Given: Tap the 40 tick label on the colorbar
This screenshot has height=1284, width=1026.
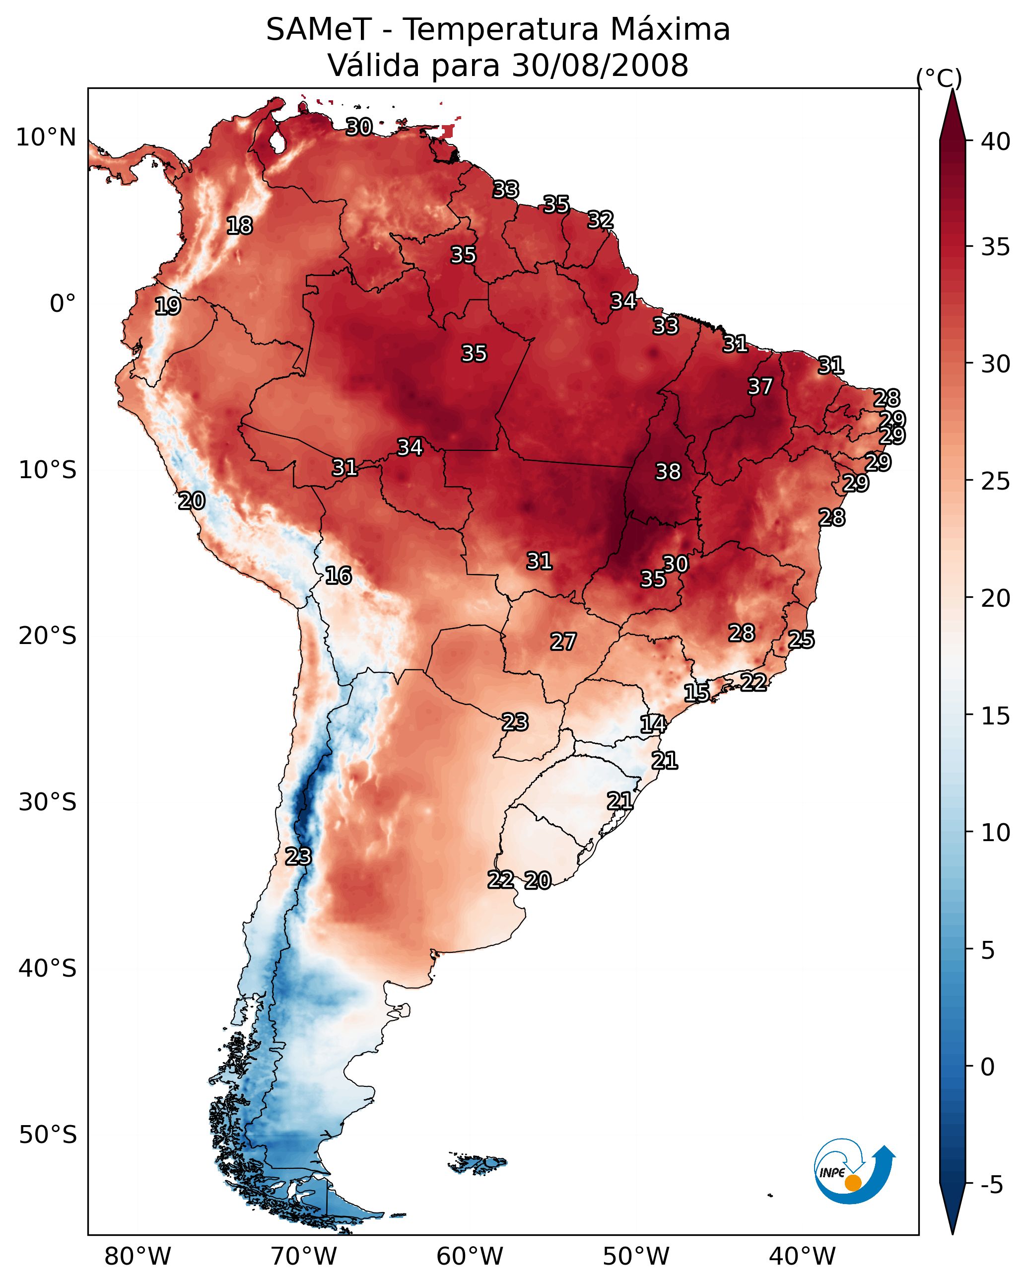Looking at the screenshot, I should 996,142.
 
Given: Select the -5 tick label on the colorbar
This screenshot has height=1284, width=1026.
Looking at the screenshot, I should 991,1185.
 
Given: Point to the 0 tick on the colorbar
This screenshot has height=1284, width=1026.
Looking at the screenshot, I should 988,1067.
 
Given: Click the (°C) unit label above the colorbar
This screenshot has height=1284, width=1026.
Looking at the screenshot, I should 939,78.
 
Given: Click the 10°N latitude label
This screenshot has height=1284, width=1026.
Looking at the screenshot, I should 46,138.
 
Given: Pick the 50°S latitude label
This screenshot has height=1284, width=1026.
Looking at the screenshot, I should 48,1135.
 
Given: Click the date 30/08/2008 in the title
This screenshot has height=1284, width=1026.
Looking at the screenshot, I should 600,66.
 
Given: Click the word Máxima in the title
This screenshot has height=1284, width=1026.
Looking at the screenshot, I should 671,30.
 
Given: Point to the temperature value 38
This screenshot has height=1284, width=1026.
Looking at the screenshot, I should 668,472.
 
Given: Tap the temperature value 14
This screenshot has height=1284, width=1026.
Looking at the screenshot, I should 653,724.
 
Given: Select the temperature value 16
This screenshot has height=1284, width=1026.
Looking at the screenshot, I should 338,575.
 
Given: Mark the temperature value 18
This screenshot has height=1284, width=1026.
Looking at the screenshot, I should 239,226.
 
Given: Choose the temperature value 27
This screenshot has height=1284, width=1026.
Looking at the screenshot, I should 563,642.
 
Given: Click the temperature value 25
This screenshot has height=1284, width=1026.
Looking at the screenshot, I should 801,640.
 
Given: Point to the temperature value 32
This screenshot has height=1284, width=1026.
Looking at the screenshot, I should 600,220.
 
